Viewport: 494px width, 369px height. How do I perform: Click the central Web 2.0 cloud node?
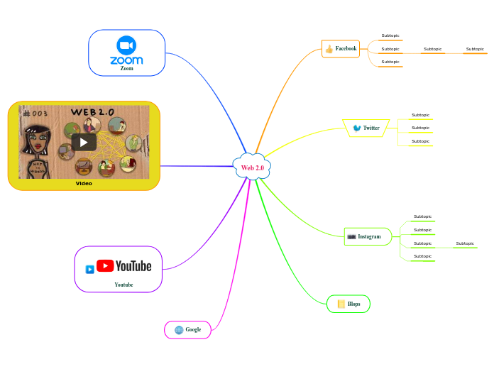252,167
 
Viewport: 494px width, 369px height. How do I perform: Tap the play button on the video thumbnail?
84,142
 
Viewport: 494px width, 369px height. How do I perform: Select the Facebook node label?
346,48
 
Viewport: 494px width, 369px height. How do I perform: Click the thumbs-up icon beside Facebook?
329,49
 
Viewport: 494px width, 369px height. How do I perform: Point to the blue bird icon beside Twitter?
356,128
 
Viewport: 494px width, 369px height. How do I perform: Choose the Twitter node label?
371,128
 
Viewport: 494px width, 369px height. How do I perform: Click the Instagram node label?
369,236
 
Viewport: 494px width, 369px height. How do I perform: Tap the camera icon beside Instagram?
351,236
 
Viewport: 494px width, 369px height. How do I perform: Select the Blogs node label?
353,304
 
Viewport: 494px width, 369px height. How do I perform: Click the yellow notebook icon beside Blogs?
341,304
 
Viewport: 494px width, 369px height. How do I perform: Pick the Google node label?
193,329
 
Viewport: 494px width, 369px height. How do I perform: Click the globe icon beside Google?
179,329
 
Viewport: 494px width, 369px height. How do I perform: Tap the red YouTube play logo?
105,265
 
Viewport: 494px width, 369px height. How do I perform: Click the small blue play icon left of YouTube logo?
89,269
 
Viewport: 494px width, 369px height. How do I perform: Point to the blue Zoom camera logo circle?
126,45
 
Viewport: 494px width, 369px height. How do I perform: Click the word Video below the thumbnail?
84,183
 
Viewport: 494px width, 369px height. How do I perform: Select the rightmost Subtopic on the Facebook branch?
475,49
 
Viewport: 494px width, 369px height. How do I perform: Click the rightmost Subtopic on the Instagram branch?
465,243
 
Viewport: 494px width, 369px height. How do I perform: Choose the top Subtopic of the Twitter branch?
420,115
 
